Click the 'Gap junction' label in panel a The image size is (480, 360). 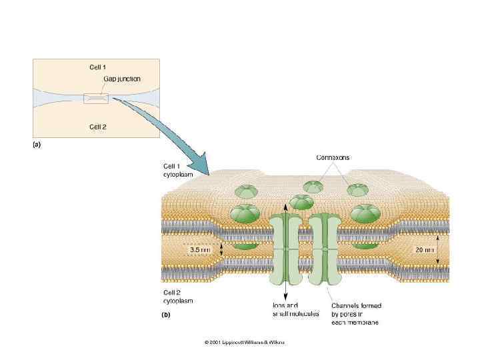[122, 79]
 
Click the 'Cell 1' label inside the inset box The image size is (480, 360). [98, 67]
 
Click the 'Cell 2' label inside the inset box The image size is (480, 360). [98, 125]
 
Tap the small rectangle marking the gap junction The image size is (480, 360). [96, 99]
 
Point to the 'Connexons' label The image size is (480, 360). [333, 158]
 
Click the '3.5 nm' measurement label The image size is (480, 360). [199, 250]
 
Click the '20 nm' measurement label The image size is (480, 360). [424, 250]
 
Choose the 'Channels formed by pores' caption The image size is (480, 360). [356, 313]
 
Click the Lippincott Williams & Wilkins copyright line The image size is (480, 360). [244, 342]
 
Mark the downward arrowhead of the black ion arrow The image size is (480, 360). [286, 295]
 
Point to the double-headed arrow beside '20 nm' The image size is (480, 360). [437, 250]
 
